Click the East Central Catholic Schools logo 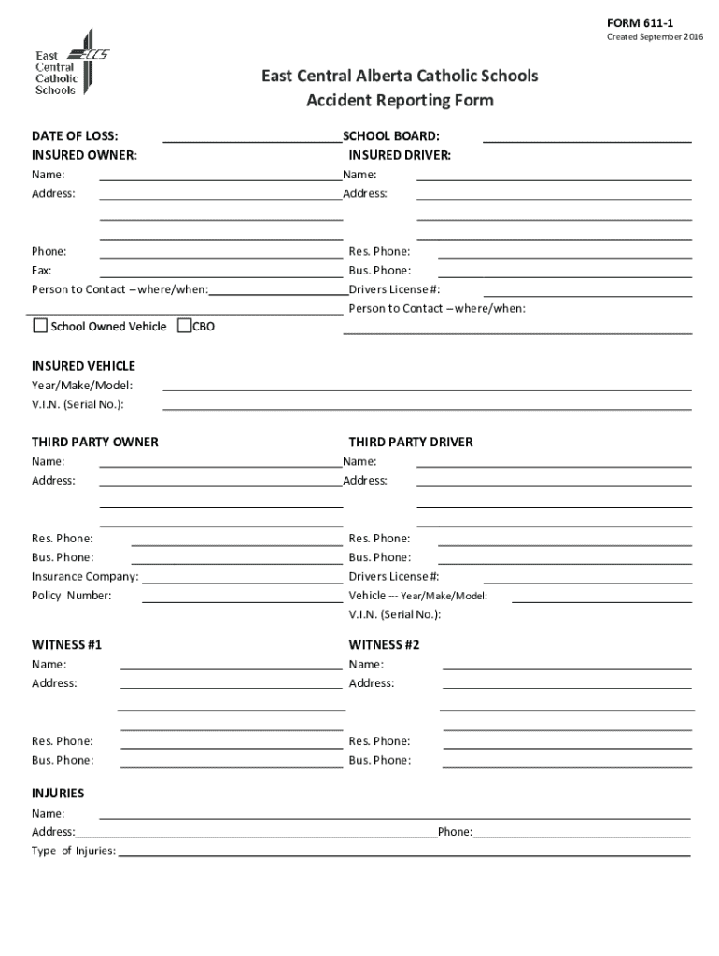[x=71, y=63]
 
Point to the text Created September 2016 [x=656, y=37]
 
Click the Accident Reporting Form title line [x=400, y=101]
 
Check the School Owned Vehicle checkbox [x=40, y=326]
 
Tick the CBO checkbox [x=184, y=326]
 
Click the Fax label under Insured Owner [x=42, y=271]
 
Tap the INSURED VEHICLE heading [x=83, y=366]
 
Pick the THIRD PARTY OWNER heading [x=94, y=442]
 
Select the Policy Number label [x=71, y=596]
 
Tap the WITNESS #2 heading [x=385, y=645]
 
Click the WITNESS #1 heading [x=66, y=645]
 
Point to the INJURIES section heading [x=58, y=794]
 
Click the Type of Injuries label [x=73, y=851]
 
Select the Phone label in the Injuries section [x=455, y=832]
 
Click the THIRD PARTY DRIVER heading [x=411, y=442]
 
